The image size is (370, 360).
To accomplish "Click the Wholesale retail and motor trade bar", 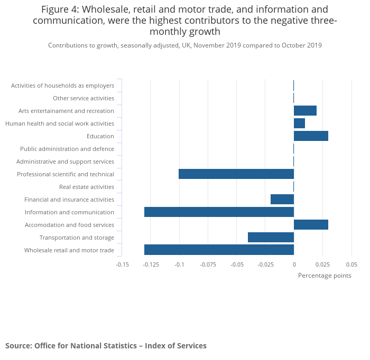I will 219,250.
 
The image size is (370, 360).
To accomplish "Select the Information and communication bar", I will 219,212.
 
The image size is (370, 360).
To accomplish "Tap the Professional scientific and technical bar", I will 236,174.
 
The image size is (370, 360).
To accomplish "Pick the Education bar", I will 311,136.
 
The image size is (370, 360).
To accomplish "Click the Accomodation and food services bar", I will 311,224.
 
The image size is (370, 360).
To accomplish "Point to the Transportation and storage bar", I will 271,237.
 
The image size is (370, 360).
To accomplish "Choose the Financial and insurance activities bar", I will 282,199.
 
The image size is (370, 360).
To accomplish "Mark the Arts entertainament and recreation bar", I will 305,110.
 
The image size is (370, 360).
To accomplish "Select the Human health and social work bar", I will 299,123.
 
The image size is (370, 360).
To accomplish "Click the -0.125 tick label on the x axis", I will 151,264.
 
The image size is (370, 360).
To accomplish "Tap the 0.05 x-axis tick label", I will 351,264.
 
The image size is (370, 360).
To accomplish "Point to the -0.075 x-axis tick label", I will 208,264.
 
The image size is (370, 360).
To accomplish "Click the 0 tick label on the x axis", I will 294,264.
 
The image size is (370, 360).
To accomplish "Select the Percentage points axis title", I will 325,276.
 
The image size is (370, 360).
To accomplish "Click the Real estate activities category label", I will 87,187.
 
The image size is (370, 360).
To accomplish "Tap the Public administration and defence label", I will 67,149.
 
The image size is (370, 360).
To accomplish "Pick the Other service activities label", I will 84,98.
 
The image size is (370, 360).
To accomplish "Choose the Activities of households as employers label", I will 62,86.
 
